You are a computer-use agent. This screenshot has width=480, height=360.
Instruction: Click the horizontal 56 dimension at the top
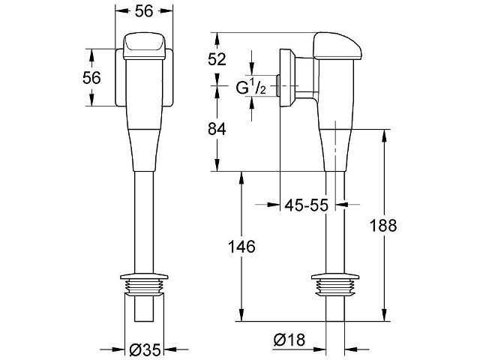(x=144, y=11)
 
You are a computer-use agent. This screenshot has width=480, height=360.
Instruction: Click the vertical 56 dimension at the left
(x=91, y=78)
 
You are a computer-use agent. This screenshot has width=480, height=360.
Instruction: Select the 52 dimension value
(x=217, y=59)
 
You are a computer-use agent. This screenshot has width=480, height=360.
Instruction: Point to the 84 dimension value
(x=217, y=129)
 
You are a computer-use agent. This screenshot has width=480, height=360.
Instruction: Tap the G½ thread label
(x=251, y=88)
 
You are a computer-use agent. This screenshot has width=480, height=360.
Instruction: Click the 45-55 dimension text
(x=307, y=205)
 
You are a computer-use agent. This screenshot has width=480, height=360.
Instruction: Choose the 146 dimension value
(x=241, y=247)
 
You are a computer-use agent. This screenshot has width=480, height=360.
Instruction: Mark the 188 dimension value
(x=383, y=226)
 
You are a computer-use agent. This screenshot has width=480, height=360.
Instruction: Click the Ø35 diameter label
(x=145, y=349)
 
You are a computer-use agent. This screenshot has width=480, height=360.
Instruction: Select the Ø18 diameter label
(x=289, y=340)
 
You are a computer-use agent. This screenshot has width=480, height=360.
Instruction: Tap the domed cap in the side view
(x=337, y=46)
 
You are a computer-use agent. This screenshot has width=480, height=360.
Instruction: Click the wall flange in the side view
(x=287, y=78)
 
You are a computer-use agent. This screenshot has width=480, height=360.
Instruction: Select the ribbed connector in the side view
(x=335, y=284)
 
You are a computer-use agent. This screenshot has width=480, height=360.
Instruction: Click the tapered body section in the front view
(x=144, y=150)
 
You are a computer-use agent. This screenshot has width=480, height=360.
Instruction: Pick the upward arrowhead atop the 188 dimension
(x=383, y=135)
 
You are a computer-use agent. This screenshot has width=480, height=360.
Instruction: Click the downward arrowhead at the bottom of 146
(x=241, y=315)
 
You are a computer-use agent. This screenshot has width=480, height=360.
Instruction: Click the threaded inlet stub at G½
(x=277, y=85)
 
